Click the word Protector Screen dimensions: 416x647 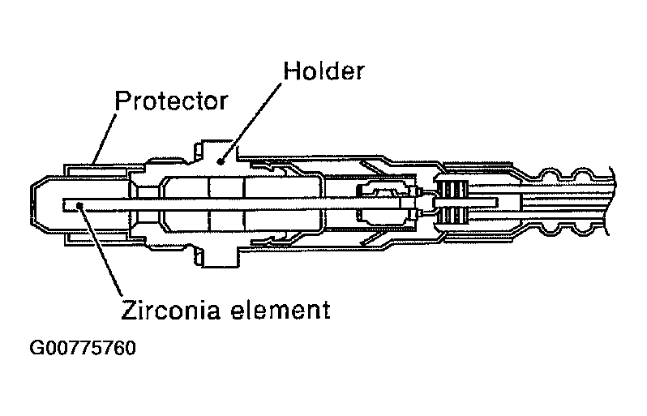click(x=171, y=101)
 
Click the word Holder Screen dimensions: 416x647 click(x=323, y=71)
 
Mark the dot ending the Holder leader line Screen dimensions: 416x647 click(x=220, y=160)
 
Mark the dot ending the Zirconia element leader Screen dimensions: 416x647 click(x=78, y=204)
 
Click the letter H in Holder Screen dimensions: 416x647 click(x=289, y=71)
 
